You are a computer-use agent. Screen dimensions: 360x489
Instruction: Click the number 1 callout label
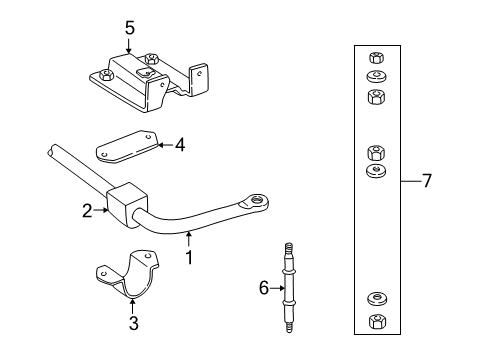pyautogui.click(x=190, y=256)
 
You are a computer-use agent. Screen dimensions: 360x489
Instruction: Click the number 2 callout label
pyautogui.click(x=88, y=210)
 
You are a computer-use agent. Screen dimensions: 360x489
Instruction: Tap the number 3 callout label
pyautogui.click(x=134, y=323)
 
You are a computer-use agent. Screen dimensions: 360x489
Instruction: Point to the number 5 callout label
pyautogui.click(x=130, y=28)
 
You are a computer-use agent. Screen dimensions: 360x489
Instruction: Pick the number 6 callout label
pyautogui.click(x=265, y=288)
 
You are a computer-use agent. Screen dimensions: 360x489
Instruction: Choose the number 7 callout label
pyautogui.click(x=427, y=181)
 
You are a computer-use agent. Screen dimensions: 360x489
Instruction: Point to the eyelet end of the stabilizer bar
pyautogui.click(x=262, y=201)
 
